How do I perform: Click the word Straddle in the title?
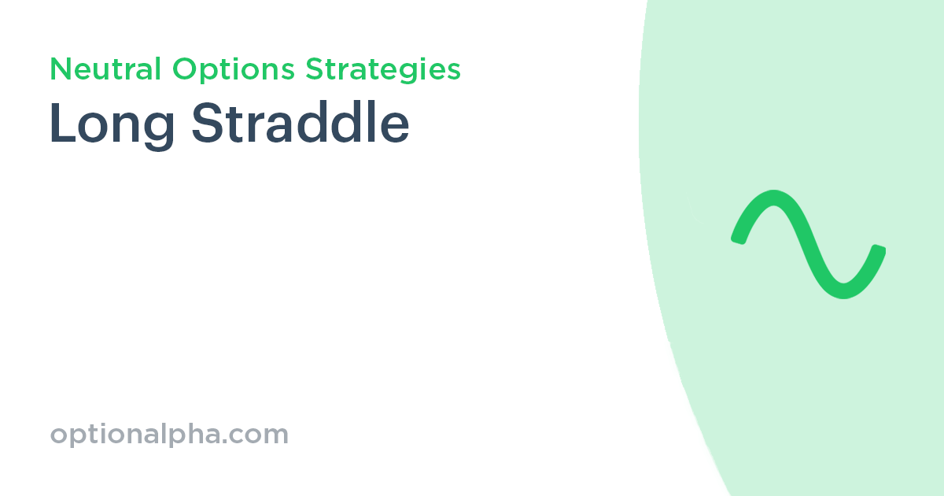(301, 124)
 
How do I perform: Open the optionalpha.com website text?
(169, 435)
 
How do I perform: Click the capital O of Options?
(183, 69)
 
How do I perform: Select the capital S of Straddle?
(206, 124)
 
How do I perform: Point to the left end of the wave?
(738, 237)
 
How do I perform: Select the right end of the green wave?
(879, 251)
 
